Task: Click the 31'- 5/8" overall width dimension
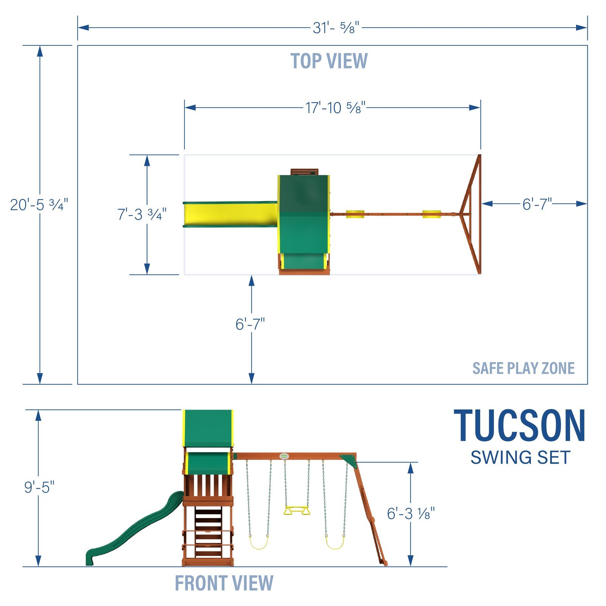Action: pos(336,28)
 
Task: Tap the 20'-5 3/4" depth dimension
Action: pos(39,205)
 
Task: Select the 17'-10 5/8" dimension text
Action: pos(335,108)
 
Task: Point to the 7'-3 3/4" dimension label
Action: pos(142,215)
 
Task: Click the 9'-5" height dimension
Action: pos(39,487)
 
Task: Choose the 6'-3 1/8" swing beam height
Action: pos(411,514)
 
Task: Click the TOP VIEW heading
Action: pos(329,61)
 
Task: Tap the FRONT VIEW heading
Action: pos(224,583)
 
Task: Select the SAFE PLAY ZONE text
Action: pos(523,368)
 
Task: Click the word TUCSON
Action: pos(520,426)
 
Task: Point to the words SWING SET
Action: pos(520,458)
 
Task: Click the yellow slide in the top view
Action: pos(230,214)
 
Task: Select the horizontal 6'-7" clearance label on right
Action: pos(537,205)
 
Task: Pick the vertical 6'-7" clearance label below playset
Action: pos(250,324)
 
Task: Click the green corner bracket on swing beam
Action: pos(349,461)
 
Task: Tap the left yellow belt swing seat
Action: pos(259,544)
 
